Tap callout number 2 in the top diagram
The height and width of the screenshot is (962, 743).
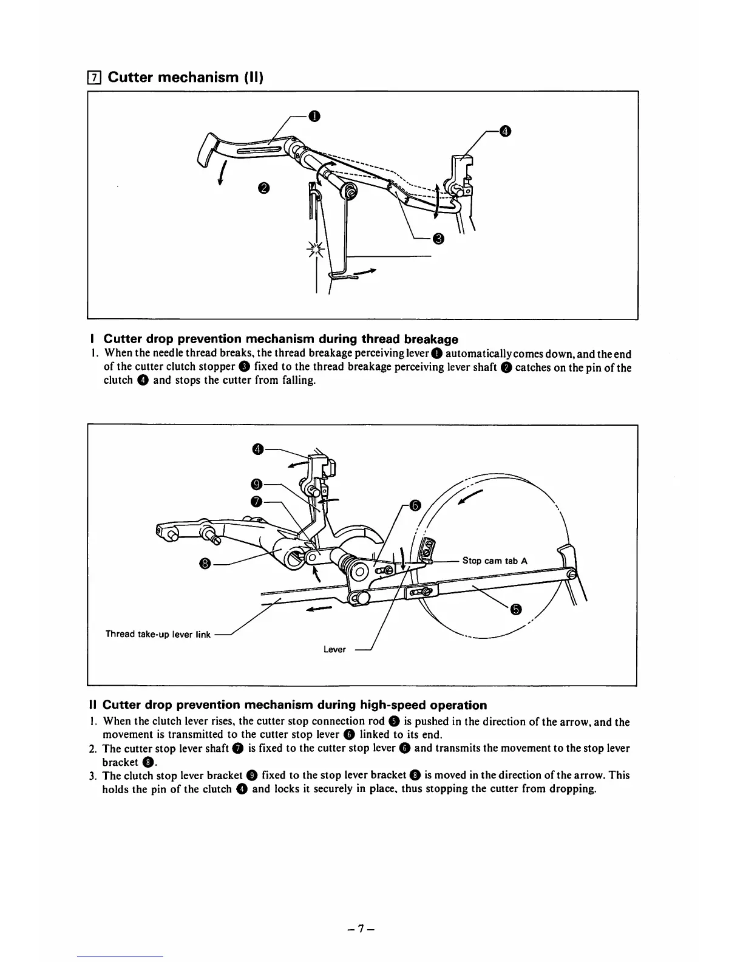(x=263, y=188)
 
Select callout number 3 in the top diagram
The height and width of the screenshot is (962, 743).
(x=439, y=238)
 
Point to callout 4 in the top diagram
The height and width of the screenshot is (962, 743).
(x=504, y=131)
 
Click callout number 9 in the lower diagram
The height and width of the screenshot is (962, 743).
(x=256, y=484)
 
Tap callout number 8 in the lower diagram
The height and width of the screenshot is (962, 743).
(x=205, y=564)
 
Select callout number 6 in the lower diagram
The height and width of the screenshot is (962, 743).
(x=415, y=505)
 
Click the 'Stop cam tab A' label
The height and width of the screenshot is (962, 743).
(x=495, y=561)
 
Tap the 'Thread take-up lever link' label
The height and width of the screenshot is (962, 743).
(x=158, y=634)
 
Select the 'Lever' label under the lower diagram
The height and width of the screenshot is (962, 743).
(x=334, y=649)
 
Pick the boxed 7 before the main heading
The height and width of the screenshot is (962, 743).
(x=93, y=78)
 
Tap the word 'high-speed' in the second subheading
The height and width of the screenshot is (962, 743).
(x=394, y=705)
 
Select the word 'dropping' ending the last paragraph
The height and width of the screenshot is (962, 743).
(x=574, y=789)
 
